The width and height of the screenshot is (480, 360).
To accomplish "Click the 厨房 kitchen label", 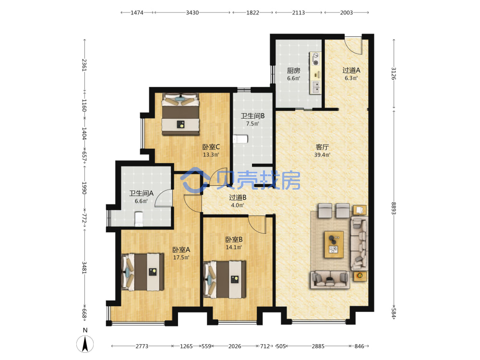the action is click(293, 71).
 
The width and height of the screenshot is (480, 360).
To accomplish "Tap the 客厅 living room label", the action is click(322, 147).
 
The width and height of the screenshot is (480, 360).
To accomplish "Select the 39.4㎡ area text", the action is click(322, 155).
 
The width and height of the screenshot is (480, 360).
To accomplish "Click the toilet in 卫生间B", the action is click(240, 139).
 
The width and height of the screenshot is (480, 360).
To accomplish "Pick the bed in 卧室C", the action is click(180, 114).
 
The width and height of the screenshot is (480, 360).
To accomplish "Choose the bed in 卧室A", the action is click(143, 272).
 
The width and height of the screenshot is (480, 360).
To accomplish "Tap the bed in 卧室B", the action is click(225, 279).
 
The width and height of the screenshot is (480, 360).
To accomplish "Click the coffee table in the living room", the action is click(334, 245).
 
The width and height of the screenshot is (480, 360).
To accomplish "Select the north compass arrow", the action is click(85, 344).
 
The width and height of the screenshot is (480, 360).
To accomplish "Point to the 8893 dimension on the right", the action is click(394, 208).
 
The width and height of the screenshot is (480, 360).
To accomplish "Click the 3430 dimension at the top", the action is click(192, 12).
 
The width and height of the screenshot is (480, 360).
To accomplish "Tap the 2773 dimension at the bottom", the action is click(142, 346).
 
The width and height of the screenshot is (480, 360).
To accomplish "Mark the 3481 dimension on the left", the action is click(84, 268).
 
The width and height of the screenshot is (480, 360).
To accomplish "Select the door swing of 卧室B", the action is click(256, 225).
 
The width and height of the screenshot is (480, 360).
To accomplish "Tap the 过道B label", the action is click(238, 197).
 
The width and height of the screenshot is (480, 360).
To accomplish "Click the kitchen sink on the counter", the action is click(315, 87).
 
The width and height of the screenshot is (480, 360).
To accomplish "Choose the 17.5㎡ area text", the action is click(181, 257).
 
